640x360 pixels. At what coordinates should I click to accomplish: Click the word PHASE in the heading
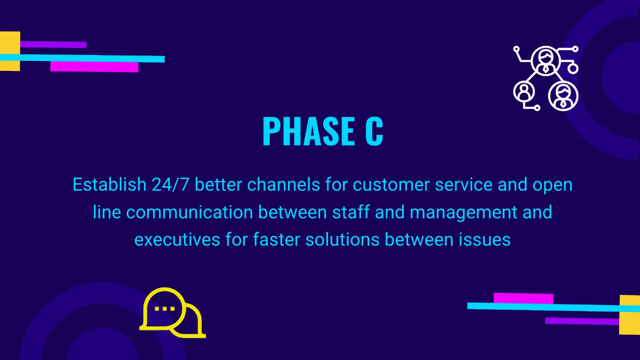[309, 131]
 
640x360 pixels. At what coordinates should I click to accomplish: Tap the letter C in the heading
[374, 131]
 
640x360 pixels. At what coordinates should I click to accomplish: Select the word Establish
[109, 185]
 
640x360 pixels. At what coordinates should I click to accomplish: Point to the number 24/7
[171, 185]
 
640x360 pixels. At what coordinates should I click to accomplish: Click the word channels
[283, 185]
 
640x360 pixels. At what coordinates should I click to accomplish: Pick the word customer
[391, 185]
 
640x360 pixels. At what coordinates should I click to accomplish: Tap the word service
[463, 185]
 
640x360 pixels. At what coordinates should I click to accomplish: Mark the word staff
[351, 212]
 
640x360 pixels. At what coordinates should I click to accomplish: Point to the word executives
[177, 239]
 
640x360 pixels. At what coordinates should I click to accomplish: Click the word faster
[277, 239]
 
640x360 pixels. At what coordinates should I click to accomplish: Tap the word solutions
[342, 239]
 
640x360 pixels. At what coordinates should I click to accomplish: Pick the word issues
[485, 239]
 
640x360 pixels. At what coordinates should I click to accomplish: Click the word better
[218, 185]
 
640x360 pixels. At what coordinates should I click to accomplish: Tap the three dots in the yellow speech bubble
[165, 309]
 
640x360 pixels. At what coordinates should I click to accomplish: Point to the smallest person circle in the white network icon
[524, 92]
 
